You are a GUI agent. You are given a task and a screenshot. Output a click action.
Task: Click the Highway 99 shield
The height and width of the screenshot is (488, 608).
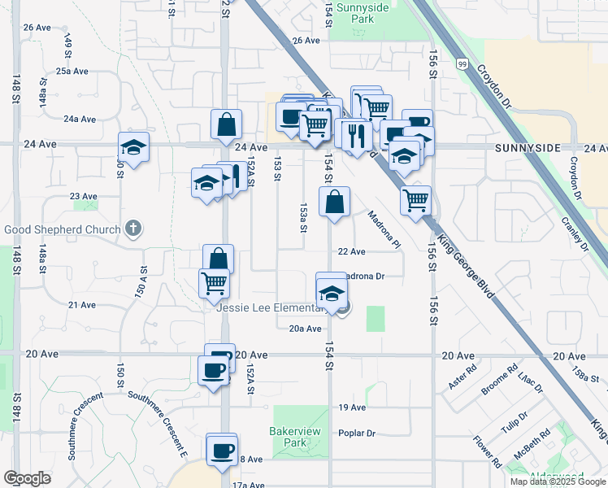click(x=463, y=63)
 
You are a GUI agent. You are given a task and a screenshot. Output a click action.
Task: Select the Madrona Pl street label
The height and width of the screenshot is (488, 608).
click(x=384, y=230)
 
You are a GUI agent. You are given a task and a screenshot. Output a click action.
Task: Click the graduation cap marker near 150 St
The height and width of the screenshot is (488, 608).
click(x=134, y=148)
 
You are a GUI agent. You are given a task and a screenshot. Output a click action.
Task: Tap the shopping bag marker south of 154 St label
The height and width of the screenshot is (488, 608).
click(x=335, y=202)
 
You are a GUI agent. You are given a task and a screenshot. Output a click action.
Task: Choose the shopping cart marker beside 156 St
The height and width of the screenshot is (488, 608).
click(x=415, y=198)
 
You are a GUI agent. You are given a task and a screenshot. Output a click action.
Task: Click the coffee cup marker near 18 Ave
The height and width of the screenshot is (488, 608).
click(x=222, y=450)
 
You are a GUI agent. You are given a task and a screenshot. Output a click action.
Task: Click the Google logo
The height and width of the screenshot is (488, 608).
click(x=28, y=478)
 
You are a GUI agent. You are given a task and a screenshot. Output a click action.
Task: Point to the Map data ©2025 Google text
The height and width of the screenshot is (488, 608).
click(x=558, y=481)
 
